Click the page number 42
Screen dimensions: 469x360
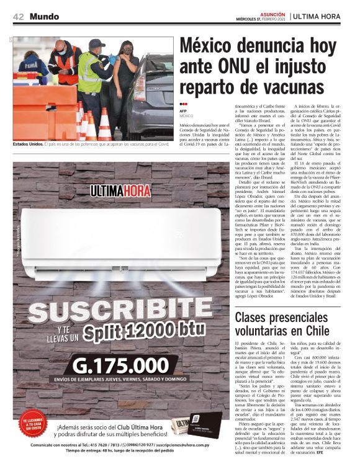[x=18, y=17]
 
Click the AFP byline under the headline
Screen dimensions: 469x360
[x=184, y=112]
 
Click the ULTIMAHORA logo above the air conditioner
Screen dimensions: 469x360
[x=118, y=190]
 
